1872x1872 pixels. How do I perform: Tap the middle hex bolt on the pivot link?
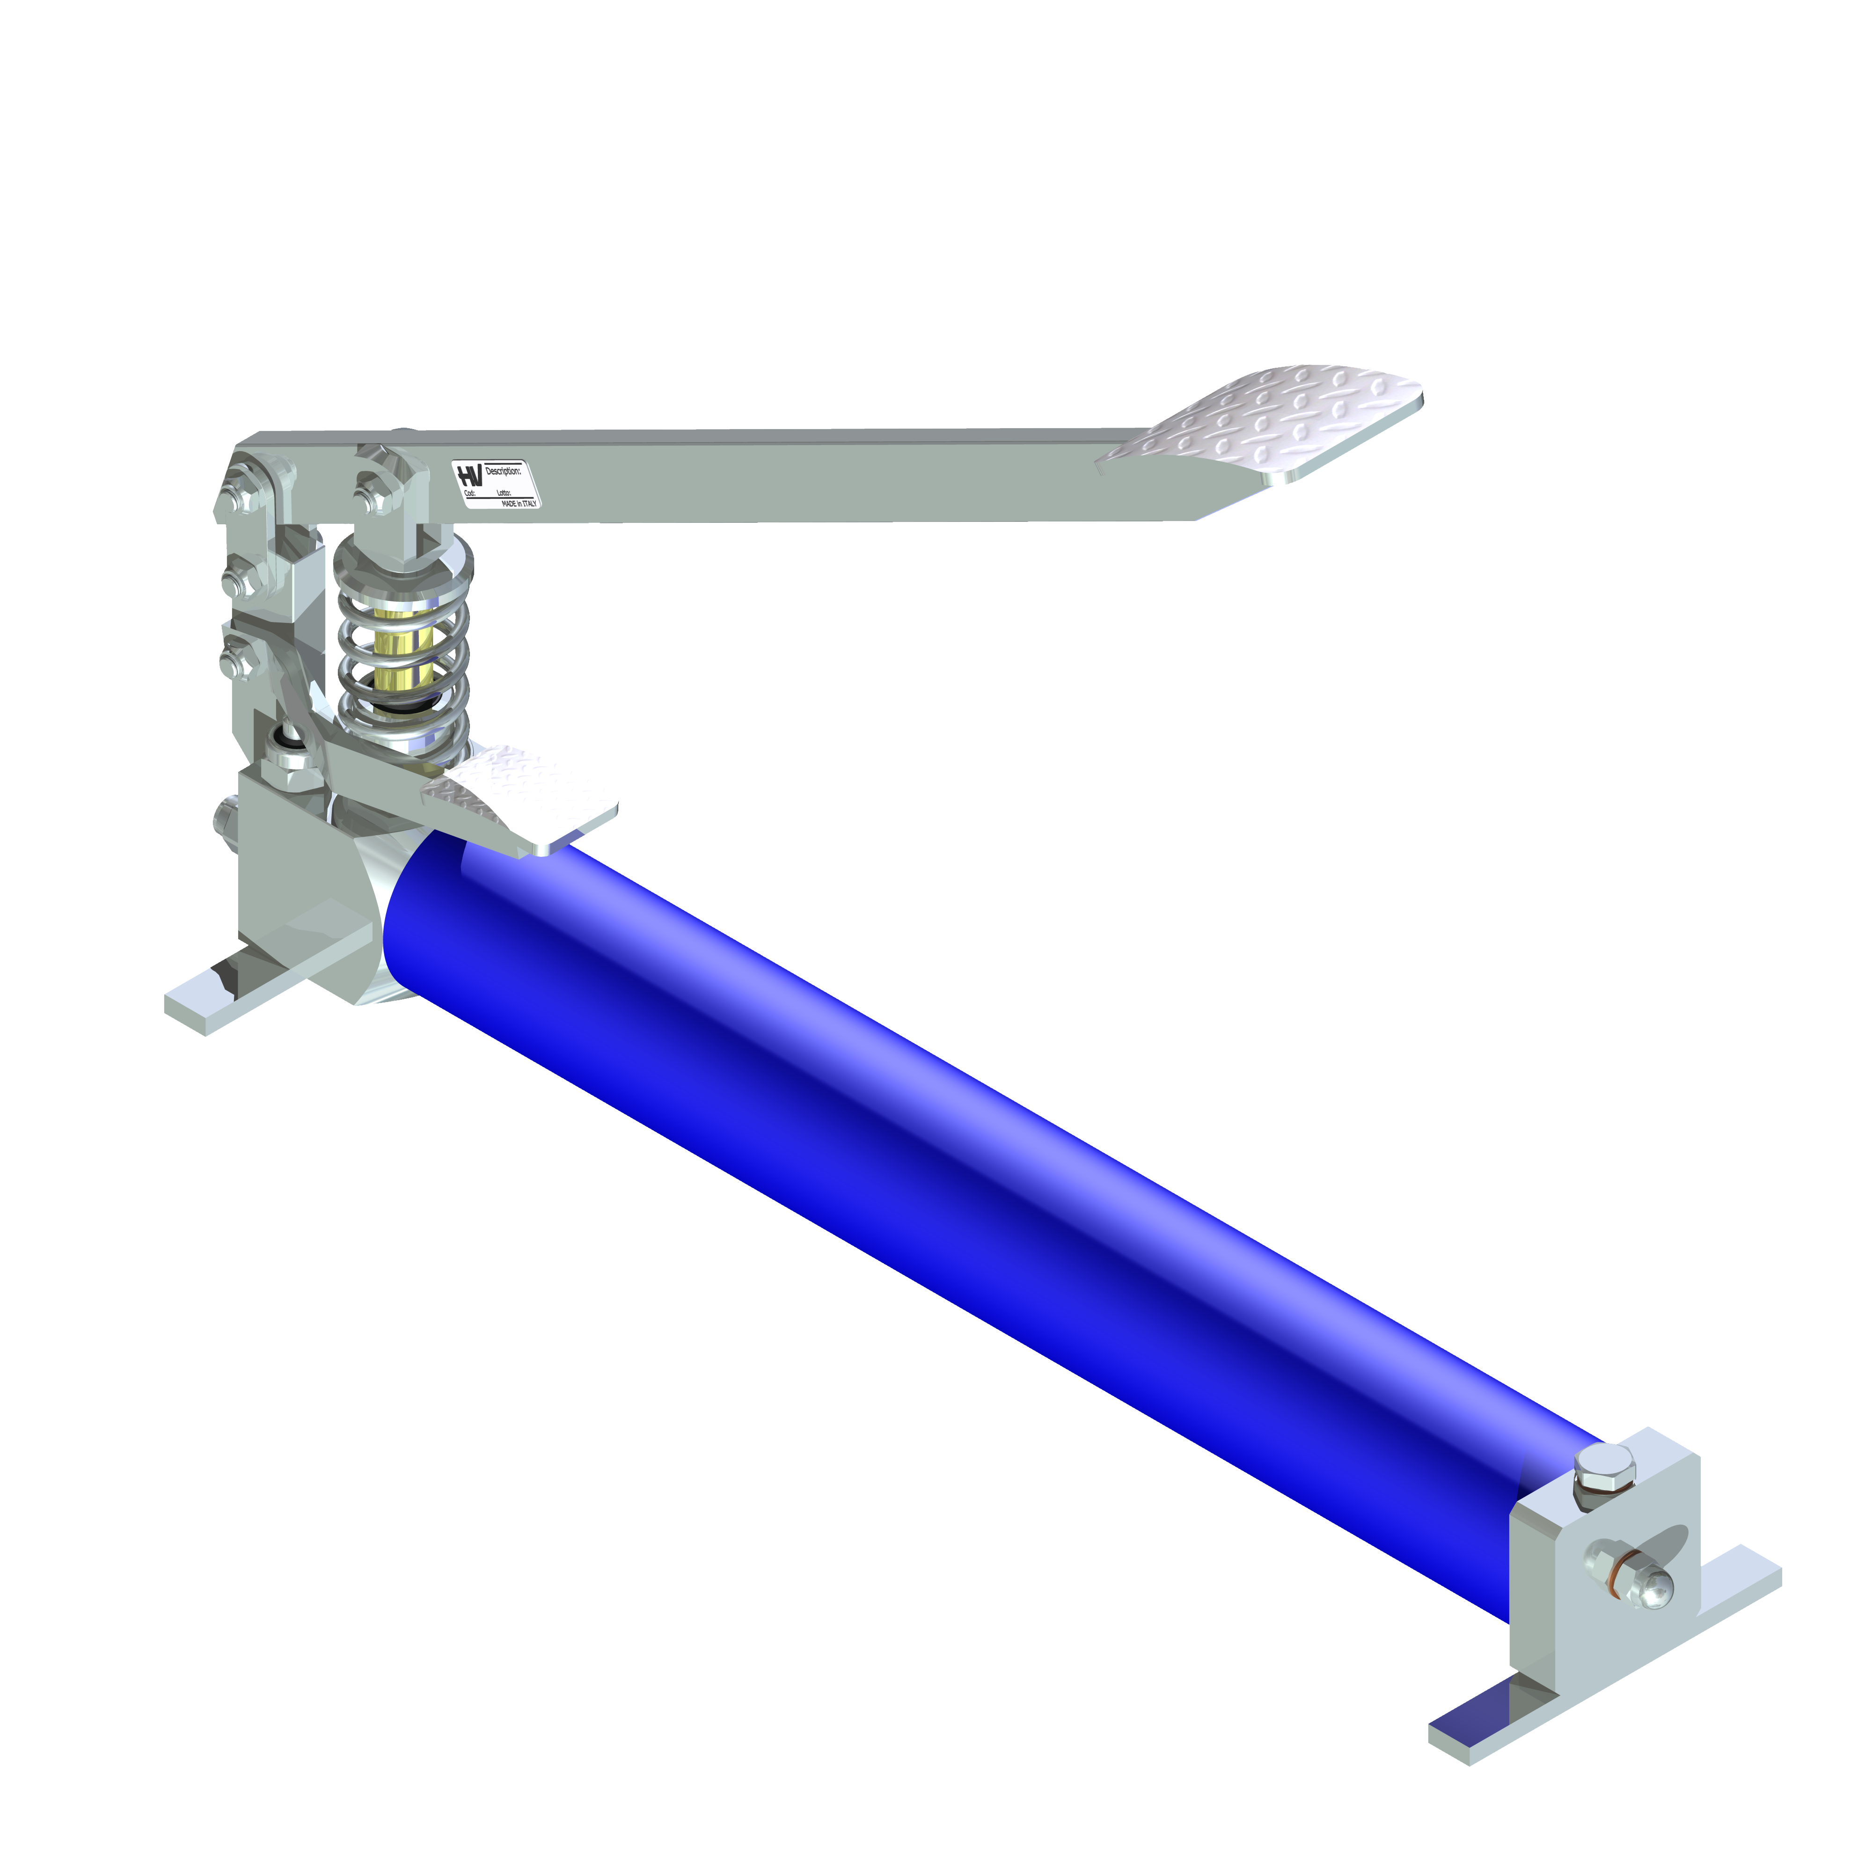pos(235,581)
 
